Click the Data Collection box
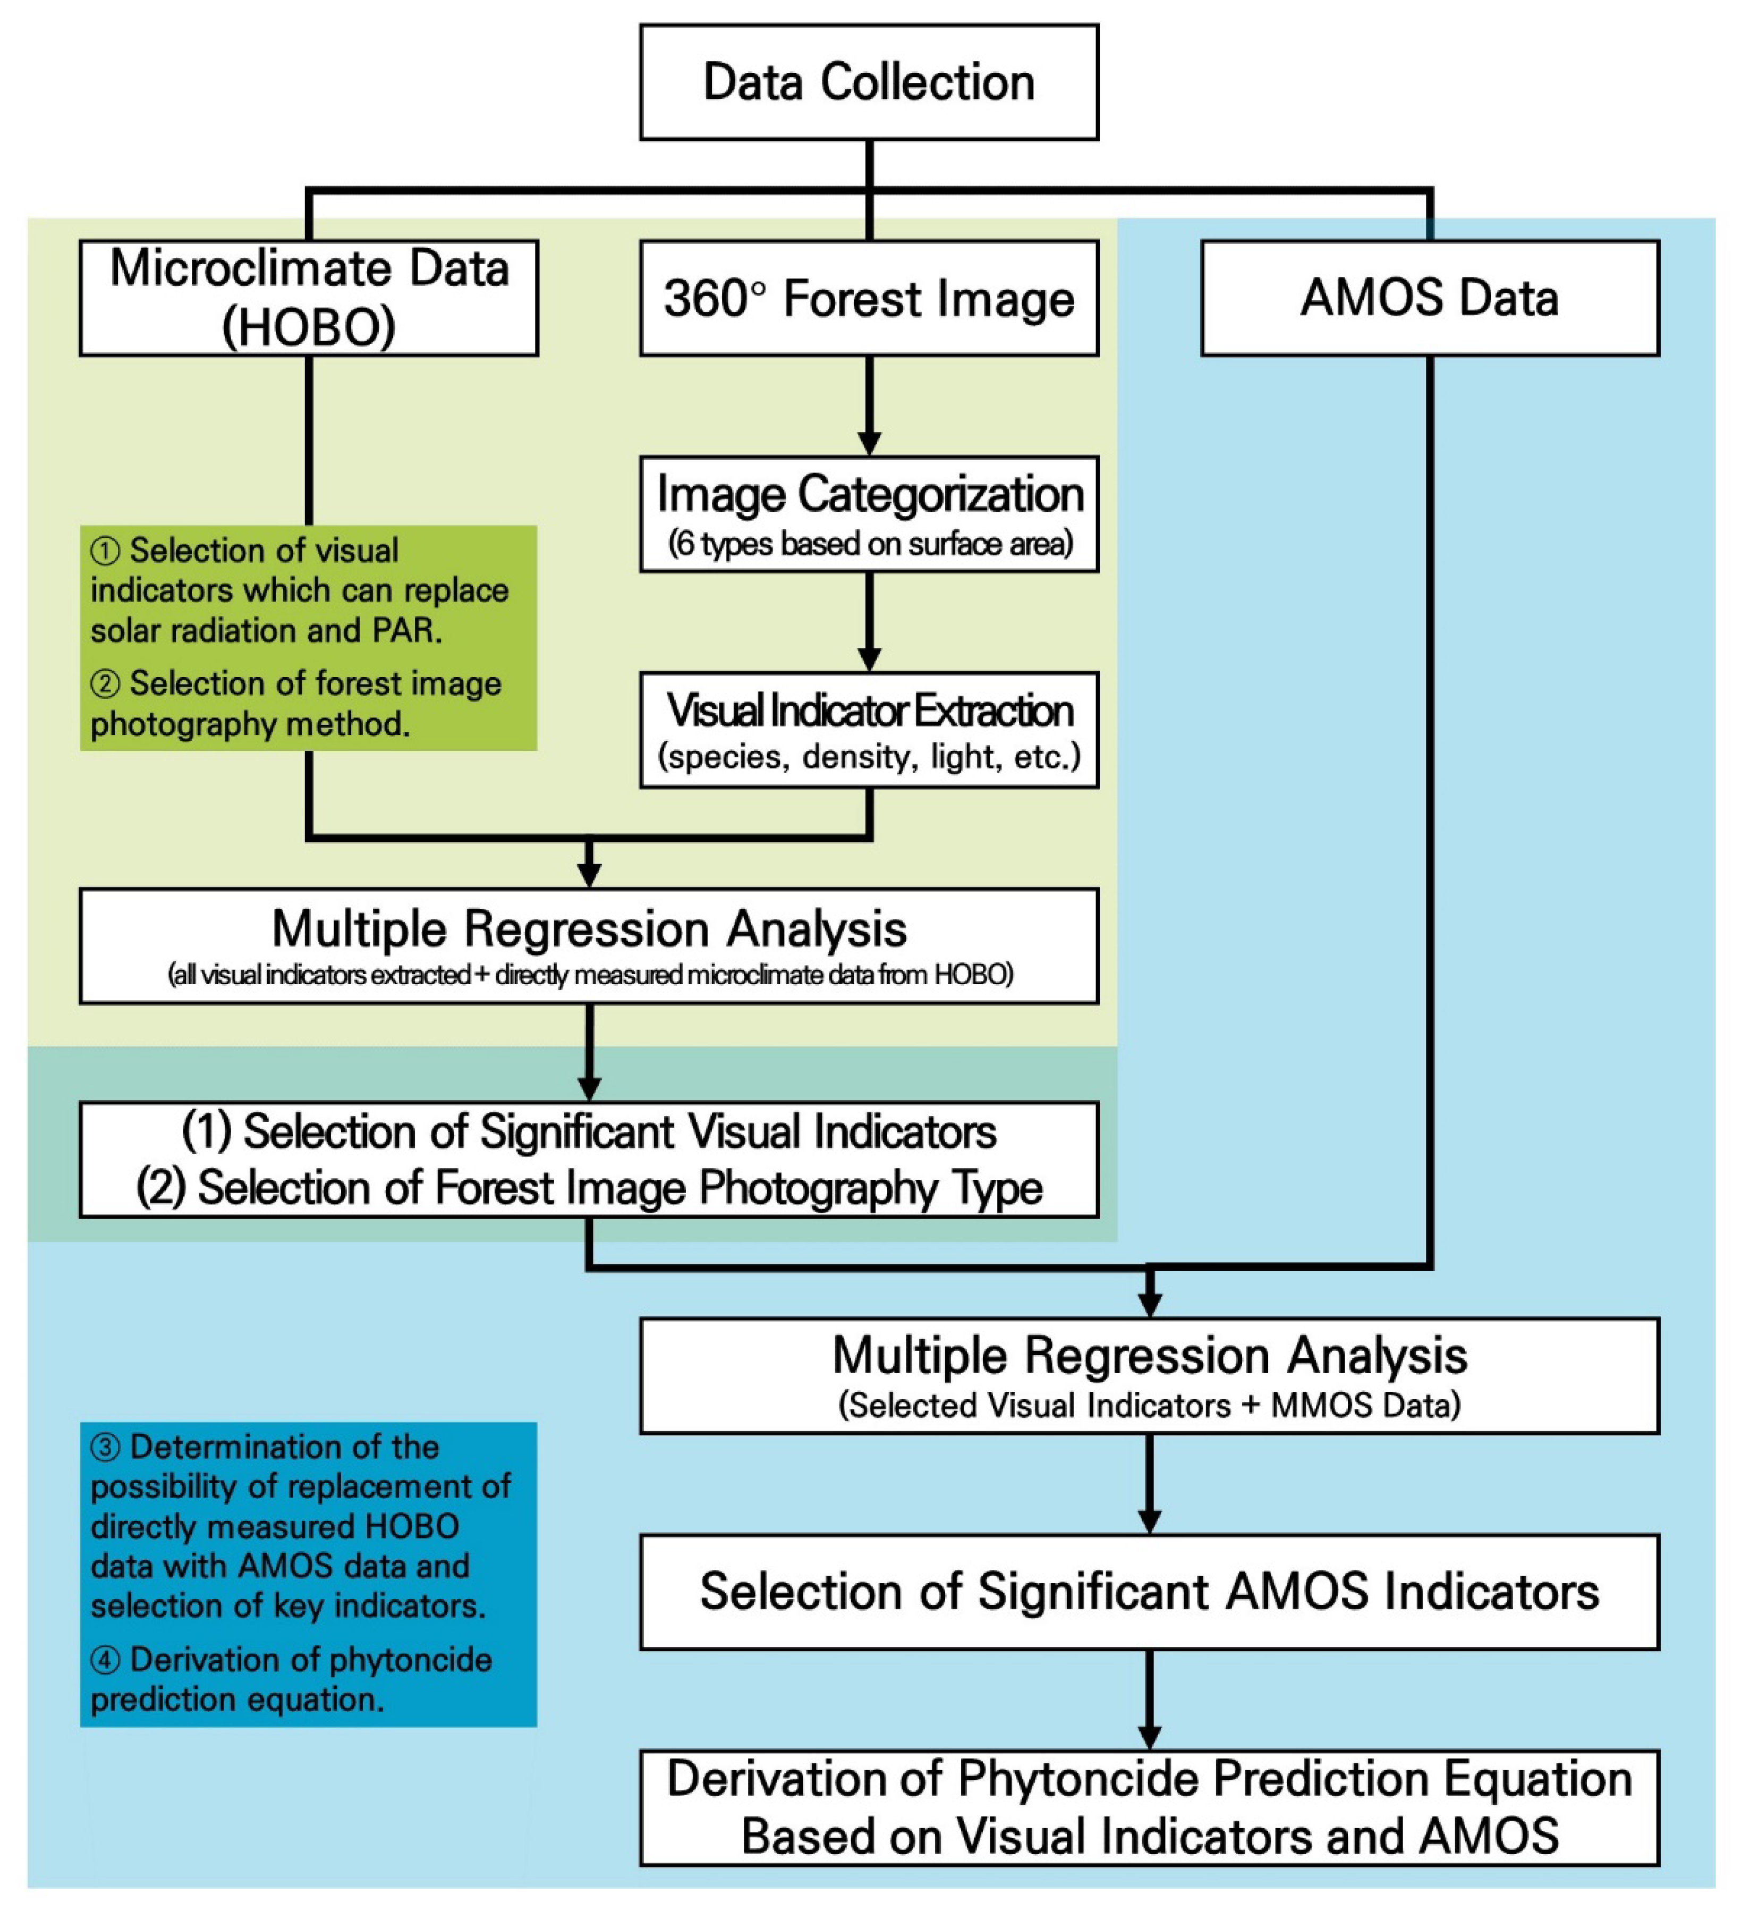(x=869, y=82)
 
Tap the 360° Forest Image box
(x=869, y=298)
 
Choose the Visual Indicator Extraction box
(x=869, y=730)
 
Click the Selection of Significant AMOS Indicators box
(x=1149, y=1592)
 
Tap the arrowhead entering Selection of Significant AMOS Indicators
(x=1149, y=1521)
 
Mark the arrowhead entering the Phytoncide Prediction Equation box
(x=1149, y=1737)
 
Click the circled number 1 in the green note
(x=105, y=551)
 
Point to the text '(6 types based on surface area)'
(x=869, y=544)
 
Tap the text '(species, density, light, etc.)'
(x=869, y=757)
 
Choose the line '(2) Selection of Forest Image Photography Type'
(x=589, y=1188)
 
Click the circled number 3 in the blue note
(x=105, y=1448)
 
